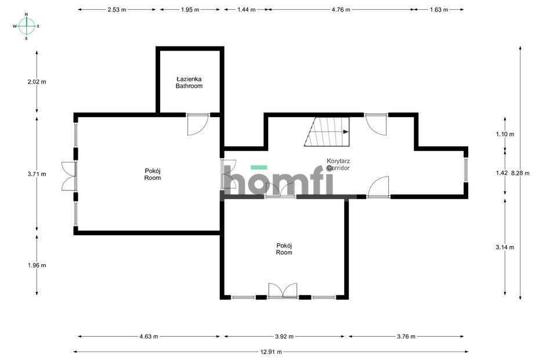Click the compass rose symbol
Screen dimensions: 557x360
pos(26,26)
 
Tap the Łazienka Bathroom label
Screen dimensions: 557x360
pos(189,82)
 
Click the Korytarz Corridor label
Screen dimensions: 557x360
pos(338,164)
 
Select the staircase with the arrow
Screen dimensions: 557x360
pos(327,132)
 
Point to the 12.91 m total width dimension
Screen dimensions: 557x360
pos(271,352)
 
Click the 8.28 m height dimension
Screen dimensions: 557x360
pos(520,173)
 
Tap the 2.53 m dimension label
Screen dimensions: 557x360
pos(117,10)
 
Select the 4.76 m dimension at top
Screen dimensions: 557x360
pos(341,10)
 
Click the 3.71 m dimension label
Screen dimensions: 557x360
pos(37,174)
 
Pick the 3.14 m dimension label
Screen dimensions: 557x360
pos(505,247)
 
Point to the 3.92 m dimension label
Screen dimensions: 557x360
pos(284,336)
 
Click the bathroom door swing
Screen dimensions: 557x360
pos(198,124)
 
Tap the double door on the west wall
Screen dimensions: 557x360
pos(69,177)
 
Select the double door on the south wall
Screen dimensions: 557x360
pos(283,290)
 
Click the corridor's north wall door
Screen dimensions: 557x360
pos(376,124)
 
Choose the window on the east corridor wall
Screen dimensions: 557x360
pos(466,169)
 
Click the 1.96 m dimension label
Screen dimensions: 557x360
pos(37,265)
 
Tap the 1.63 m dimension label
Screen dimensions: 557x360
pos(439,10)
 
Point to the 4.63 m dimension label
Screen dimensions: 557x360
pos(149,336)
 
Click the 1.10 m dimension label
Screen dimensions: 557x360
pos(505,134)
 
